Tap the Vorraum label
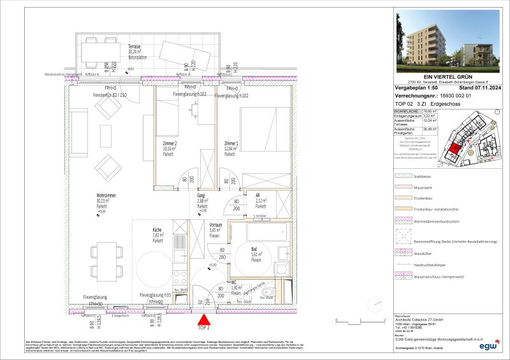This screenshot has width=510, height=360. pos(215,226)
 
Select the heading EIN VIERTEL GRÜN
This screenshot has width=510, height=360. pos(450,77)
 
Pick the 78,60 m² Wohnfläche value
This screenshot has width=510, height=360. pos(435,111)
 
